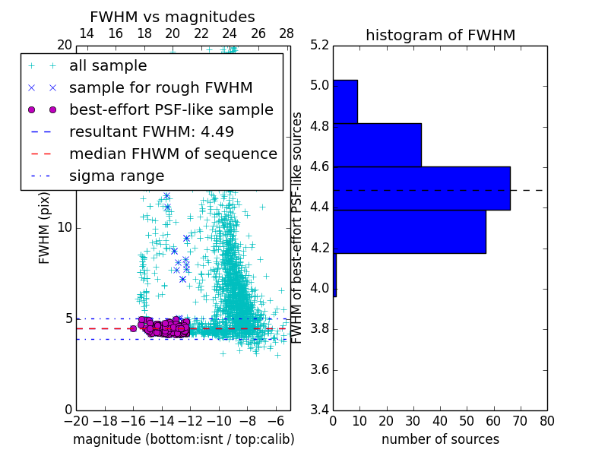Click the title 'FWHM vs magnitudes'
click(173, 17)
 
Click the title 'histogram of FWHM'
click(440, 35)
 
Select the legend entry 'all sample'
click(108, 66)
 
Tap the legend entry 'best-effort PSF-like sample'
click(171, 109)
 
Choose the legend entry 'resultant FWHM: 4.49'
click(151, 131)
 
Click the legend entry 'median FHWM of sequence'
click(173, 154)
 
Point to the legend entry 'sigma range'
click(116, 176)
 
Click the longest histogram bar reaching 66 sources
click(421, 188)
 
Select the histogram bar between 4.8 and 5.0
click(345, 101)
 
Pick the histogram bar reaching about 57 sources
click(409, 231)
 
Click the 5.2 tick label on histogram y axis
click(319, 45)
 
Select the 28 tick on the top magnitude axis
click(287, 33)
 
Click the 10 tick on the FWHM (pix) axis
click(65, 227)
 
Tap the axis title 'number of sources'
click(440, 439)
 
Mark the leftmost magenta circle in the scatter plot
click(133, 328)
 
